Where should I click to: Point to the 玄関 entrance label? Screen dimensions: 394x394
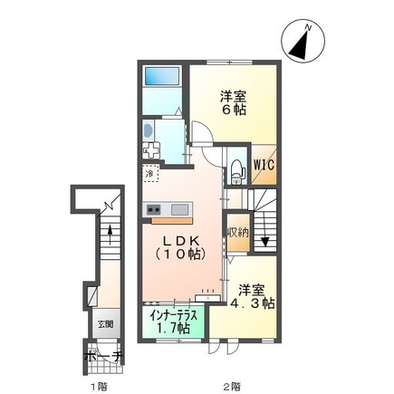coord(105,321)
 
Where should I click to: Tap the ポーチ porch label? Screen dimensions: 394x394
coord(103,357)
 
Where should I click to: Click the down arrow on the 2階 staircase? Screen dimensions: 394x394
coord(264,240)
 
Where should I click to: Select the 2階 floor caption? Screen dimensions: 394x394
coord(235,384)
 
